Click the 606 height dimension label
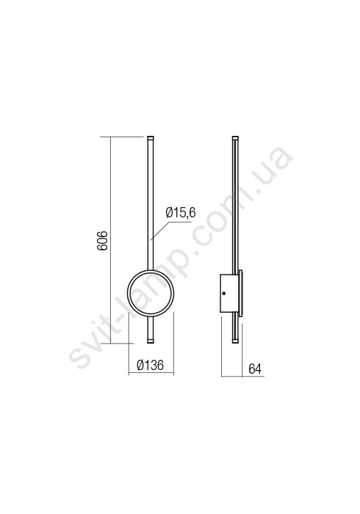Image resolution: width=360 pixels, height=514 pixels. click(x=103, y=241)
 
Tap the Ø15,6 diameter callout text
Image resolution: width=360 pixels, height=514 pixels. click(x=181, y=213)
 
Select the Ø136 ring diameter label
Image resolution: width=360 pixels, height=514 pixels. click(x=150, y=365)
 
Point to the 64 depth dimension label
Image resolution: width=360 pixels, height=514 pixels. click(x=255, y=369)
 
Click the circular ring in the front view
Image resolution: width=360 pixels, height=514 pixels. click(x=127, y=294)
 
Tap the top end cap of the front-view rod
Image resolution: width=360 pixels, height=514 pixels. click(x=151, y=138)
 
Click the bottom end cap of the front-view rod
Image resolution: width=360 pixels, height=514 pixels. click(x=151, y=341)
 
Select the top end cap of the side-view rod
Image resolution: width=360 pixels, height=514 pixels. click(x=235, y=138)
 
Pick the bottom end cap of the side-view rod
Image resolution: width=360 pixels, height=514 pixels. click(x=235, y=341)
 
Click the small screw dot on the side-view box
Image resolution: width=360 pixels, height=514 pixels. click(x=224, y=294)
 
